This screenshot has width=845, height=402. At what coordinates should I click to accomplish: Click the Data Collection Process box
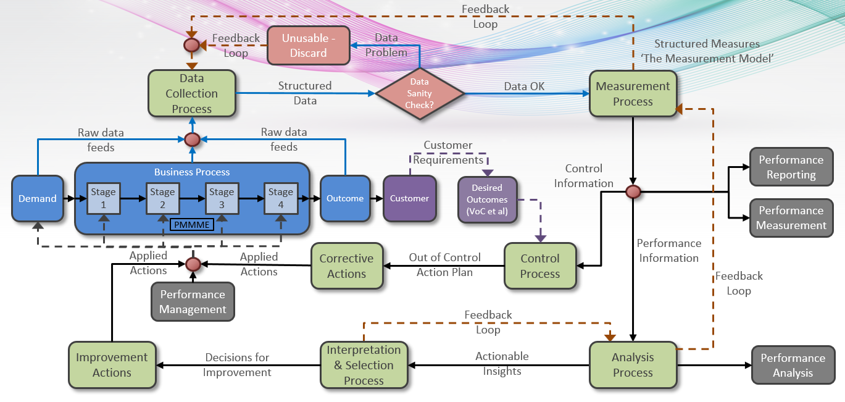click(192, 93)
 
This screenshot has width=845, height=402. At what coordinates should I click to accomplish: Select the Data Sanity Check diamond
click(420, 94)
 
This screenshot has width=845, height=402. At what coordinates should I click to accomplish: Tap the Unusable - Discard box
click(309, 46)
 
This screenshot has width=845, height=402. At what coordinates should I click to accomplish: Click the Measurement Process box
click(633, 94)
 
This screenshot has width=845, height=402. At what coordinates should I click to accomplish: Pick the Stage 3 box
click(222, 198)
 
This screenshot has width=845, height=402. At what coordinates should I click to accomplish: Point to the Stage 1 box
click(103, 198)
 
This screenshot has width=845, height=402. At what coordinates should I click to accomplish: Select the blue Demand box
click(38, 198)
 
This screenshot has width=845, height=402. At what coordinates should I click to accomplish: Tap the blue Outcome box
click(345, 198)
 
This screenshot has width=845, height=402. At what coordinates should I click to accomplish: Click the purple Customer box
click(409, 198)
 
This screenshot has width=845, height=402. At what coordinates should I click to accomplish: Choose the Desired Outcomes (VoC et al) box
click(487, 199)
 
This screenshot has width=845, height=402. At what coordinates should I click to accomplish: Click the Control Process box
click(540, 266)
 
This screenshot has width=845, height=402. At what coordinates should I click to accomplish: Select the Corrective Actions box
click(346, 266)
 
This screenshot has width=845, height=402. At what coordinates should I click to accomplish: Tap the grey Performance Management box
click(193, 302)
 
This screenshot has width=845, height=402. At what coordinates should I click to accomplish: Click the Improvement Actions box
click(112, 365)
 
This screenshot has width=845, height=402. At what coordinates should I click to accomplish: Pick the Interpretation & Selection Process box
click(364, 365)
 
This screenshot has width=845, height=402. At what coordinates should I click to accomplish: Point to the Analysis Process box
click(633, 365)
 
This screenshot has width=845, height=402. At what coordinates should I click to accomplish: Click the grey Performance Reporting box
click(791, 167)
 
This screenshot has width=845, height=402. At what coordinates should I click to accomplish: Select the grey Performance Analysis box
click(793, 365)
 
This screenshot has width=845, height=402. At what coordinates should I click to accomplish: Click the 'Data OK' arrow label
click(524, 86)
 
